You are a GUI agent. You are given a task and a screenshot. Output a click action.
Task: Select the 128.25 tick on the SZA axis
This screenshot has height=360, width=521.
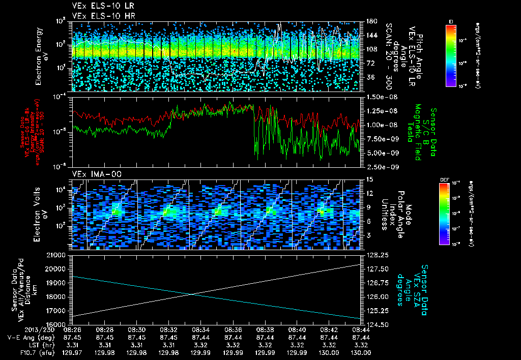(375, 255)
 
